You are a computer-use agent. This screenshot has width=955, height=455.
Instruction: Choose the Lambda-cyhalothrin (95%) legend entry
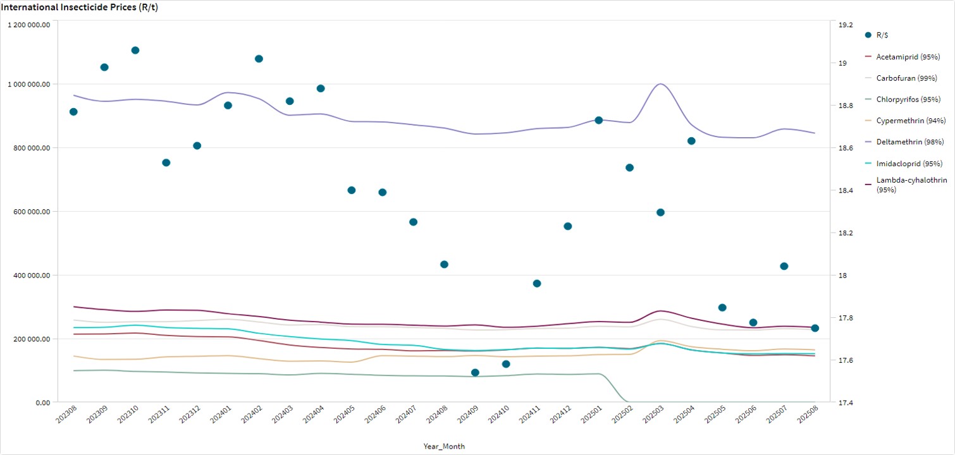(x=911, y=185)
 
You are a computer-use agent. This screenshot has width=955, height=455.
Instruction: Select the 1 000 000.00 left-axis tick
(x=29, y=84)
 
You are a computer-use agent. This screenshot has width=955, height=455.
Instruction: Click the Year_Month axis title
(x=444, y=446)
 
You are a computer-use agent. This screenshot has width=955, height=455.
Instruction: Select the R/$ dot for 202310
(x=135, y=51)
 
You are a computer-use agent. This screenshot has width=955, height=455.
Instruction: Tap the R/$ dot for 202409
(x=475, y=373)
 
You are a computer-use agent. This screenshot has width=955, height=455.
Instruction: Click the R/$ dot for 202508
(x=815, y=328)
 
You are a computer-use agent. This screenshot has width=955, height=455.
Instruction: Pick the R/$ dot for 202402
(x=259, y=59)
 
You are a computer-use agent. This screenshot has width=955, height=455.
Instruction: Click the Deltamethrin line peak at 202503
(x=660, y=83)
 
